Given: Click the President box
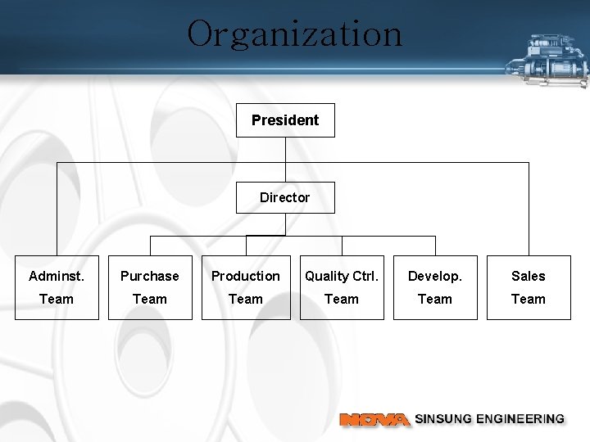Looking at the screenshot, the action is (x=285, y=120).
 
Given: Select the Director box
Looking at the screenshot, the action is (x=285, y=197).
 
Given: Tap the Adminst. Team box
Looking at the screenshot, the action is (x=57, y=287).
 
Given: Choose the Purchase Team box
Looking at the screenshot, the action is (x=150, y=287).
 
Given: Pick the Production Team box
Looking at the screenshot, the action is (x=246, y=287).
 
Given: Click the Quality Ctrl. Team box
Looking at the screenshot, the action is (x=342, y=287).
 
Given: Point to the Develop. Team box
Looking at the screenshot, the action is (x=435, y=287).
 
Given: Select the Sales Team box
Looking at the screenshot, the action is (x=529, y=287).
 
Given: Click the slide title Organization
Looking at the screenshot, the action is (x=295, y=34).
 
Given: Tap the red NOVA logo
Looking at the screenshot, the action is (x=374, y=420).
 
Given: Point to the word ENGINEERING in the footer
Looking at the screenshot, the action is (x=524, y=419).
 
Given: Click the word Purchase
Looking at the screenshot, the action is (x=150, y=277).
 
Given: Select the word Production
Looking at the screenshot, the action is (x=246, y=277).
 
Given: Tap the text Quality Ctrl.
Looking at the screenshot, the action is (x=342, y=277).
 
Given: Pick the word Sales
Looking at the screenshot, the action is (x=529, y=277).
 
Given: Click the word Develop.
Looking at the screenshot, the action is (x=435, y=277).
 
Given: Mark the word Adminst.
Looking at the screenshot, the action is (x=57, y=277).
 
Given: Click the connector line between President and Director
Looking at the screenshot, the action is (x=285, y=159).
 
